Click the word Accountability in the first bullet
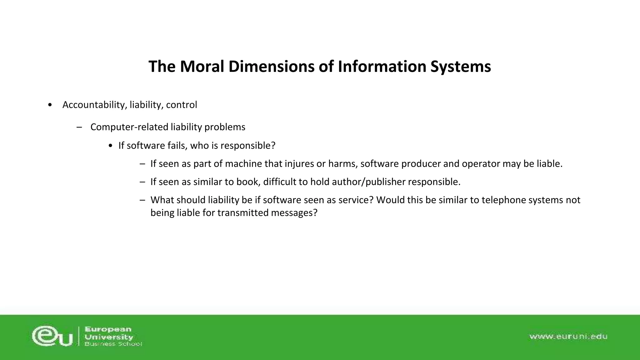pos(94,105)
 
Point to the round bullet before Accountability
pos(50,105)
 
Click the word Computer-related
pos(129,127)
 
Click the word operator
pos(481,164)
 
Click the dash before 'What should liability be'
pos(142,200)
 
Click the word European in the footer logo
pos(108,329)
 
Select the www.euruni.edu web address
pos(568,337)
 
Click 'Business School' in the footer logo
pos(113,344)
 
